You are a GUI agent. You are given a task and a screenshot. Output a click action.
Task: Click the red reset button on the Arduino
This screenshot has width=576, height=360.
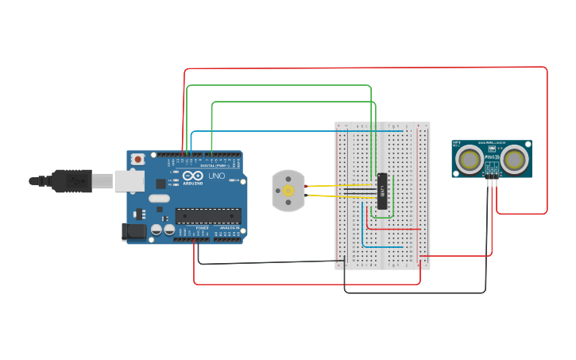click(138, 159)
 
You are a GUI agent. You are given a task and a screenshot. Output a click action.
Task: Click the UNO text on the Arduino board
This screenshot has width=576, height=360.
click(216, 176)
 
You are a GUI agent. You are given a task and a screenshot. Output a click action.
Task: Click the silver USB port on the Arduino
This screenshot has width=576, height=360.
click(128, 180)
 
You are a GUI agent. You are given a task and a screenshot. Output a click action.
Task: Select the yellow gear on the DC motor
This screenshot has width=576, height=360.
click(288, 191)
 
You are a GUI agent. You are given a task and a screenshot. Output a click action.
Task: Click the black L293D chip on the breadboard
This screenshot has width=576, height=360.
click(382, 192)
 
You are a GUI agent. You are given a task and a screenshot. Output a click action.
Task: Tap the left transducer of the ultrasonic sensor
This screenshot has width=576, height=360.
click(470, 160)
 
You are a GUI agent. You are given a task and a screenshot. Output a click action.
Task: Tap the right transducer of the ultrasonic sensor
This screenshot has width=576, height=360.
click(515, 160)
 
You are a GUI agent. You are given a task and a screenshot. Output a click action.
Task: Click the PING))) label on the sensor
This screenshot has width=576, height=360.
click(492, 168)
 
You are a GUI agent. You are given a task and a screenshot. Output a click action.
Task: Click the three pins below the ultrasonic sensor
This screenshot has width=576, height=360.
click(493, 182)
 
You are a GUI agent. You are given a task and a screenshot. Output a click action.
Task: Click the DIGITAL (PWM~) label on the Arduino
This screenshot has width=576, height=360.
click(213, 165)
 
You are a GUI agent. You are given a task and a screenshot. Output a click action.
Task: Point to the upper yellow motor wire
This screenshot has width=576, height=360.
click(326, 186)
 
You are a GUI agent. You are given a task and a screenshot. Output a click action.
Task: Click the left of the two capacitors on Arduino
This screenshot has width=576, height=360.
click(157, 230)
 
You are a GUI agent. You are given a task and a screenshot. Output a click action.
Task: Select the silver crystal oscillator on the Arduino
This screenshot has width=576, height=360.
click(159, 198)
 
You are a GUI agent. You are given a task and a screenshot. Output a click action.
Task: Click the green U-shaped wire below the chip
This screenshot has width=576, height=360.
click(383, 216)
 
